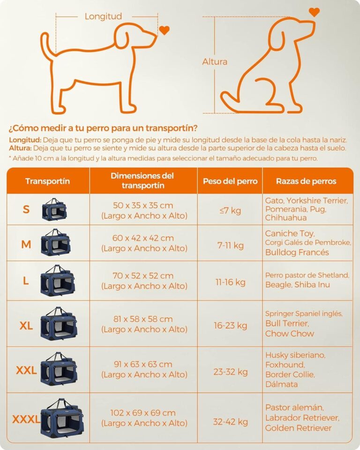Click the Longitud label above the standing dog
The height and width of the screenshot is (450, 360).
pyautogui.click(x=103, y=16)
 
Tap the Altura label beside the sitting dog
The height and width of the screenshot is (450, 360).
pyautogui.click(x=215, y=61)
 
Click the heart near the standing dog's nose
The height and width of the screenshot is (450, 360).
pyautogui.click(x=164, y=30)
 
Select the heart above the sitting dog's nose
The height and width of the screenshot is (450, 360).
pyautogui.click(x=314, y=12)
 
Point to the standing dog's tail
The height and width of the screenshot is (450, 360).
pyautogui.click(x=46, y=46)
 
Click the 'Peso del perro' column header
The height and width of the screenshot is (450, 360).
pyautogui.click(x=230, y=181)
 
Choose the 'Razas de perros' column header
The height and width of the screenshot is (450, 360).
pyautogui.click(x=306, y=181)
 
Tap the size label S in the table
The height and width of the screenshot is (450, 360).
pyautogui.click(x=26, y=210)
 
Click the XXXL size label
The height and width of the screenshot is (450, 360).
pyautogui.click(x=26, y=420)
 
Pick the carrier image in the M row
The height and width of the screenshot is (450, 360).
pyautogui.click(x=56, y=242)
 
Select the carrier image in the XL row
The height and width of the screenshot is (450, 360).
pyautogui.click(x=59, y=323)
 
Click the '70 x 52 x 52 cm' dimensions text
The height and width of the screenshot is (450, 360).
pyautogui.click(x=143, y=276)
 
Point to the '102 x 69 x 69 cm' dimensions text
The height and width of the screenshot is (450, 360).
pyautogui.click(x=143, y=412)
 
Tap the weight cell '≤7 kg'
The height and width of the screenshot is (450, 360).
pyautogui.click(x=230, y=210)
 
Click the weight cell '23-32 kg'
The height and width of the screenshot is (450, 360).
pyautogui.click(x=230, y=372)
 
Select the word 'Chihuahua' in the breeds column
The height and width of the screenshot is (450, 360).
pyautogui.click(x=286, y=217)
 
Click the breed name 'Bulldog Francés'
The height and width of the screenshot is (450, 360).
pyautogui.click(x=297, y=252)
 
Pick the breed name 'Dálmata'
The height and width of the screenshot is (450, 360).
pyautogui.click(x=281, y=384)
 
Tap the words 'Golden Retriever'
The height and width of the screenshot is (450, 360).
pyautogui.click(x=298, y=428)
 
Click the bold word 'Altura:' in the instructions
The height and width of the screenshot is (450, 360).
pyautogui.click(x=20, y=148)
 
